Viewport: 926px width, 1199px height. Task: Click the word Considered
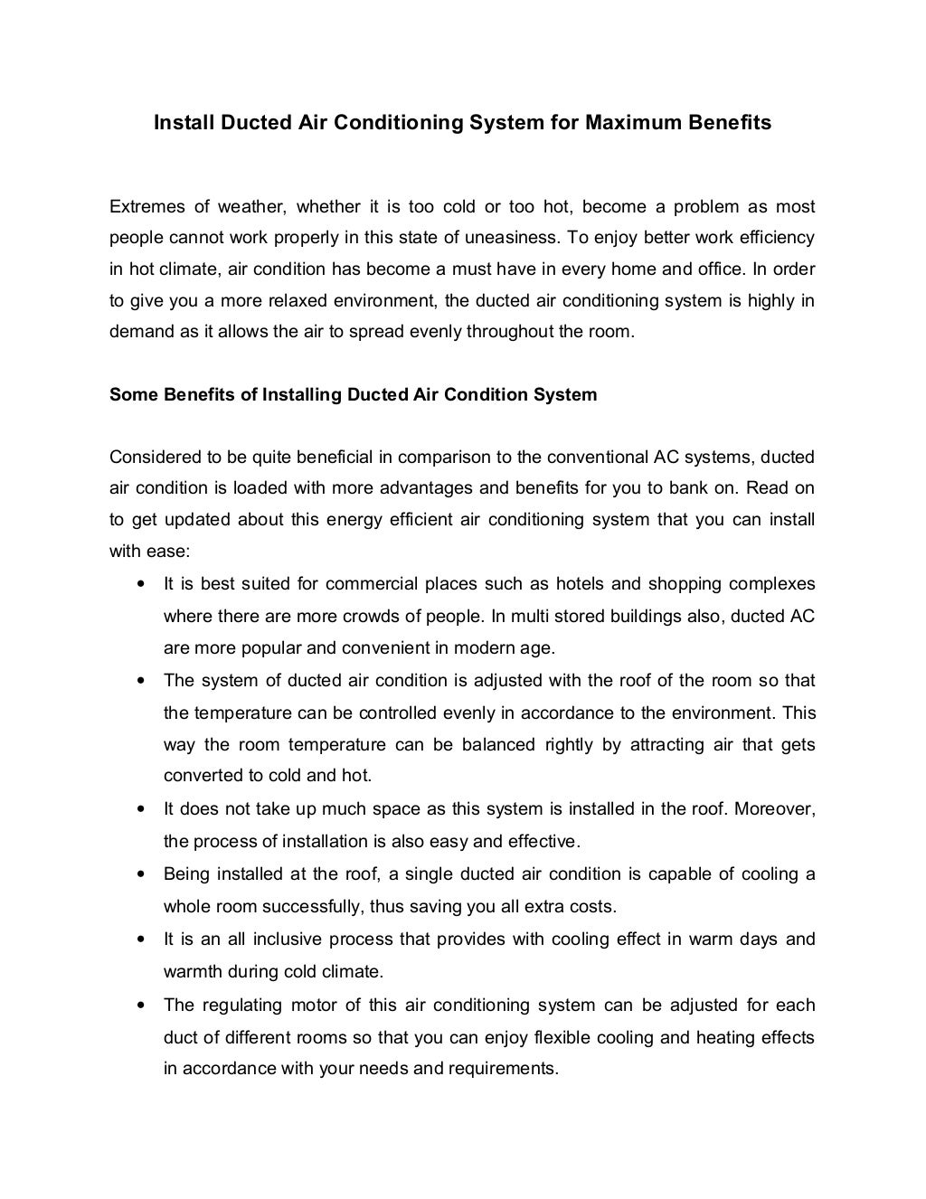coord(150,457)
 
